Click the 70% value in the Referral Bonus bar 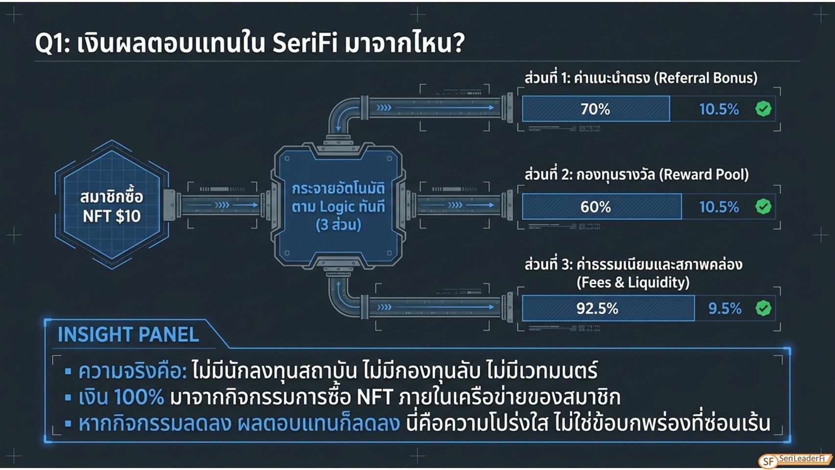tap(595, 109)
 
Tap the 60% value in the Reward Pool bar tap(595, 207)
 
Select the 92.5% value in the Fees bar tap(597, 308)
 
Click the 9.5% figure tap(724, 308)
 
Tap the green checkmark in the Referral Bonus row tap(764, 109)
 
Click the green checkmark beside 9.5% tap(764, 308)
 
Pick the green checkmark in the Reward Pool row tap(764, 207)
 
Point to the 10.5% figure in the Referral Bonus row tap(719, 109)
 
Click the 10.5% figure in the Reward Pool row tap(719, 207)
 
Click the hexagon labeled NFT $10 tap(112, 205)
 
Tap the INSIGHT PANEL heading tap(128, 334)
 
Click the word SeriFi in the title tap(305, 43)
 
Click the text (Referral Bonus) tap(706, 78)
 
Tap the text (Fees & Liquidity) tap(633, 283)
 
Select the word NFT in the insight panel tap(375, 397)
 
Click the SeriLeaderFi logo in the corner tap(795, 460)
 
